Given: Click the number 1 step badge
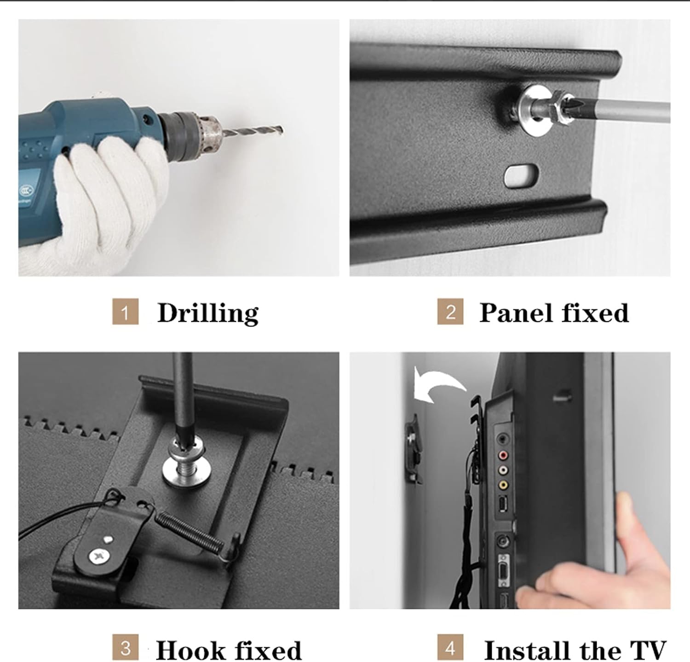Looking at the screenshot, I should pos(125,312).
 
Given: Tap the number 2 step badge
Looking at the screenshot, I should pos(450,312).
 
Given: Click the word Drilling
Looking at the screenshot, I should pos(208,314).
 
